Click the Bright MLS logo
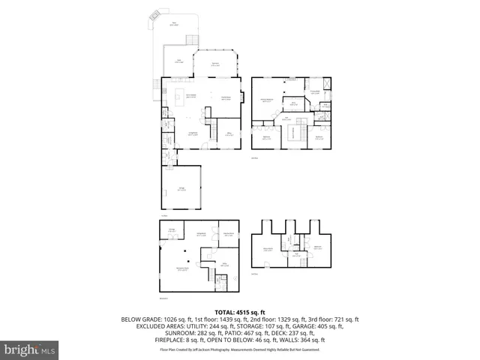(x=30, y=349)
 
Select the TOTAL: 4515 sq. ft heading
(x=240, y=311)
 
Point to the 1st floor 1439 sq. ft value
(x=209, y=319)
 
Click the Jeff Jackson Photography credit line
(x=240, y=349)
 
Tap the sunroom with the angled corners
(x=216, y=64)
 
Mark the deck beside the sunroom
(x=178, y=62)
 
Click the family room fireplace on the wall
(x=241, y=96)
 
